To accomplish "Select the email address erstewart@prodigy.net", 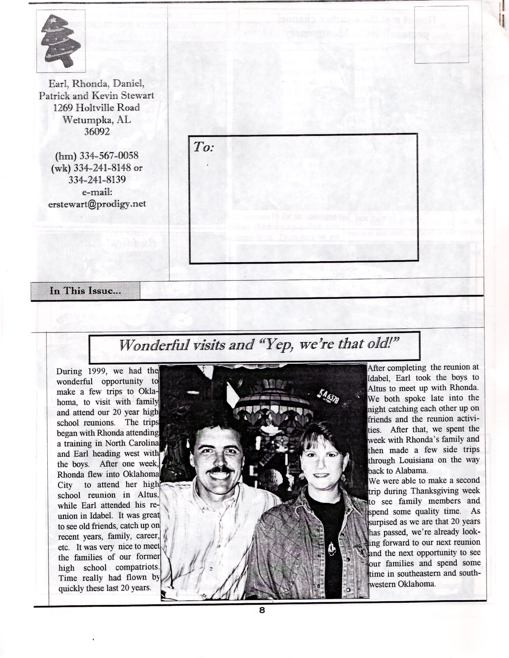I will click(x=97, y=204).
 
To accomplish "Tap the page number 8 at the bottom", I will click(x=262, y=610).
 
